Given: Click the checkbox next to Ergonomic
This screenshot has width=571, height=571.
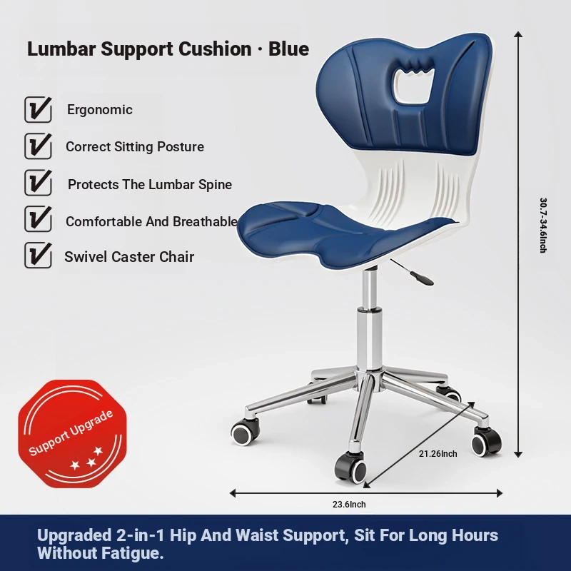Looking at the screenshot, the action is [x=38, y=109].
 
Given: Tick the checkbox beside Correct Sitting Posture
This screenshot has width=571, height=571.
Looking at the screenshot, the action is [x=38, y=146].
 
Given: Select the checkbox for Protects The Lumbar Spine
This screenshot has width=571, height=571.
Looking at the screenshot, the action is [x=38, y=183].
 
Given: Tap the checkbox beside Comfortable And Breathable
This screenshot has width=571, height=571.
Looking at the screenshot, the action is [x=38, y=219].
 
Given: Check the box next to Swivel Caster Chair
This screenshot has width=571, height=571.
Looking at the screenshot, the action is [x=38, y=256].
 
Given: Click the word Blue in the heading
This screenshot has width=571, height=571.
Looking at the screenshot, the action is [x=289, y=49].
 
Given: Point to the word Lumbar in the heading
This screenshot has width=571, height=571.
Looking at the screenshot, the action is [x=61, y=49].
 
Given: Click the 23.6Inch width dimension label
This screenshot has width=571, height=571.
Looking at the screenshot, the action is [x=349, y=505].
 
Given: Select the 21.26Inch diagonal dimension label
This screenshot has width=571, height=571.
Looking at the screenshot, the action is [x=438, y=454].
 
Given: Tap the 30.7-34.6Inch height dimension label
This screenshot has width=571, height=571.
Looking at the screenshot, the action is [x=543, y=225].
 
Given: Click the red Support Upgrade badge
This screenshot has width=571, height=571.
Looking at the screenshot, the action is [x=73, y=434].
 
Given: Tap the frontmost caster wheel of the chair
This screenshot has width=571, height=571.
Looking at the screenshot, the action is [x=350, y=468].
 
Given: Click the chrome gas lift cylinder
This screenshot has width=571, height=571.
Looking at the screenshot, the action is [x=370, y=320].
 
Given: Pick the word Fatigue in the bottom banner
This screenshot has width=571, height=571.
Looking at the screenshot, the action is [x=132, y=553].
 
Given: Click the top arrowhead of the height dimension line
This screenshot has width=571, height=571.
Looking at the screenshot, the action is [x=518, y=34].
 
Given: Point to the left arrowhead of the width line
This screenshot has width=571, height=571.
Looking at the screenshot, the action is [x=233, y=493].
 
